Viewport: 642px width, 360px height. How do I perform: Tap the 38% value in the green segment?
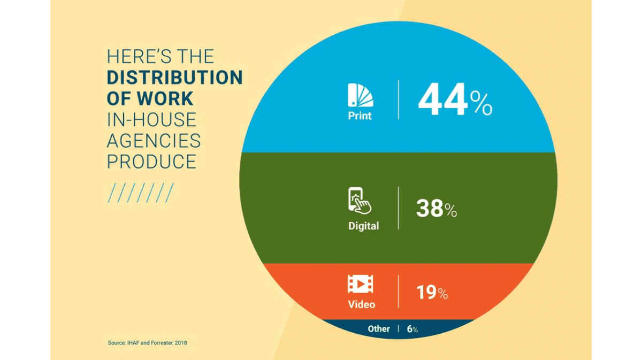(x=436, y=209)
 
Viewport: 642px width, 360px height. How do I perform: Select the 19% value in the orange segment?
(x=432, y=293)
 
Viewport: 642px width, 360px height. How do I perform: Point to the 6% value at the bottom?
(x=412, y=330)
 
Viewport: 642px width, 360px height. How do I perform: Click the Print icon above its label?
(x=360, y=95)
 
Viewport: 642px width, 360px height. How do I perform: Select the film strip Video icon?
(x=361, y=284)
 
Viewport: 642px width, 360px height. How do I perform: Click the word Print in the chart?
(x=360, y=116)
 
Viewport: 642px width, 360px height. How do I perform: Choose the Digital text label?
(x=363, y=226)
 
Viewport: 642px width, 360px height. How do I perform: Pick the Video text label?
(x=362, y=304)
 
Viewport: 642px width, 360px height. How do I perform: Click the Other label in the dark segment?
(x=379, y=329)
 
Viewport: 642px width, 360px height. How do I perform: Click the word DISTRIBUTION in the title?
(x=174, y=78)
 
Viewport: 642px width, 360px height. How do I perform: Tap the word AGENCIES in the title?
(x=154, y=141)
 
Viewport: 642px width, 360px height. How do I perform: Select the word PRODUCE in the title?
(x=152, y=162)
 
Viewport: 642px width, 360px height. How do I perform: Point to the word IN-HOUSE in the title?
(x=152, y=120)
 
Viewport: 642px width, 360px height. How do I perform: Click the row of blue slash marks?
(x=140, y=193)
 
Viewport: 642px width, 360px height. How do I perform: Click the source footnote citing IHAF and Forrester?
(x=148, y=342)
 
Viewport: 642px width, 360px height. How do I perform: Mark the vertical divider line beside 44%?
(x=399, y=99)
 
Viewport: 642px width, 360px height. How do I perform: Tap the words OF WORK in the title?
(x=150, y=98)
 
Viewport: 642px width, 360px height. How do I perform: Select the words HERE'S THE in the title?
(x=160, y=57)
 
